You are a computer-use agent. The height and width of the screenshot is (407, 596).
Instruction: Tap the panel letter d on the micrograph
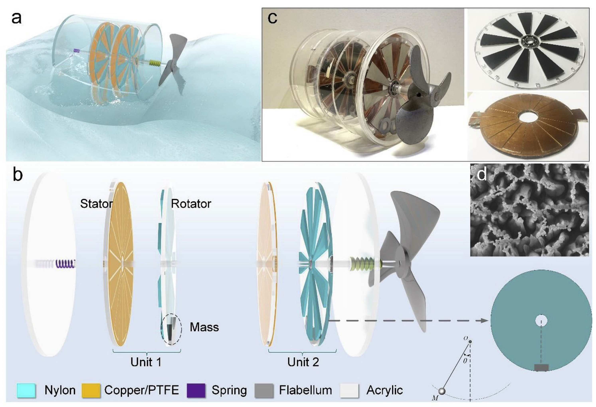click(482, 174)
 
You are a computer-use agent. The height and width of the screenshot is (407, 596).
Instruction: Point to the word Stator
click(96, 204)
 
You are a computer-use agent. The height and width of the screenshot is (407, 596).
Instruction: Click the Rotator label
click(191, 204)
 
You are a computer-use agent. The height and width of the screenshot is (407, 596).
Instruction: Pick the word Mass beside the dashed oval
click(204, 327)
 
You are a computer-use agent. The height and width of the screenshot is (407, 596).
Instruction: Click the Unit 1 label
click(146, 362)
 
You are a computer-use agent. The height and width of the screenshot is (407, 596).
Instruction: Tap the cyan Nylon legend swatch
click(26, 391)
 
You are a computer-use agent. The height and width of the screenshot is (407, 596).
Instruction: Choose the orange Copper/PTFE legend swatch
click(91, 391)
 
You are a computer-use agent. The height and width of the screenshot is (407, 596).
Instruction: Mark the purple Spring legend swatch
click(196, 391)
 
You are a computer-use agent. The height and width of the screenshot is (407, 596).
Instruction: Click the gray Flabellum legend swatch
click(264, 391)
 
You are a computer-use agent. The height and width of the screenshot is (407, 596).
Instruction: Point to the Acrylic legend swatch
click(349, 391)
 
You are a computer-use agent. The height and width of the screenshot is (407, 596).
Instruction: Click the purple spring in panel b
click(65, 264)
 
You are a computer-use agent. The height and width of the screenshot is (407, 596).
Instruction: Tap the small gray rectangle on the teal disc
click(541, 367)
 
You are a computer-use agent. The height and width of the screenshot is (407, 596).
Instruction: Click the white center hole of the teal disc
click(541, 321)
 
